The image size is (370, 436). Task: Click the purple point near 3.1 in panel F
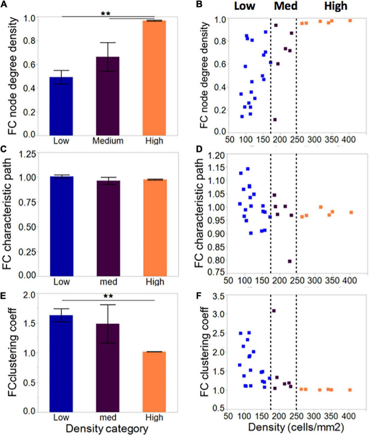point(274,311)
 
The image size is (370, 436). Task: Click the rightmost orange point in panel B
point(350,20)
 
